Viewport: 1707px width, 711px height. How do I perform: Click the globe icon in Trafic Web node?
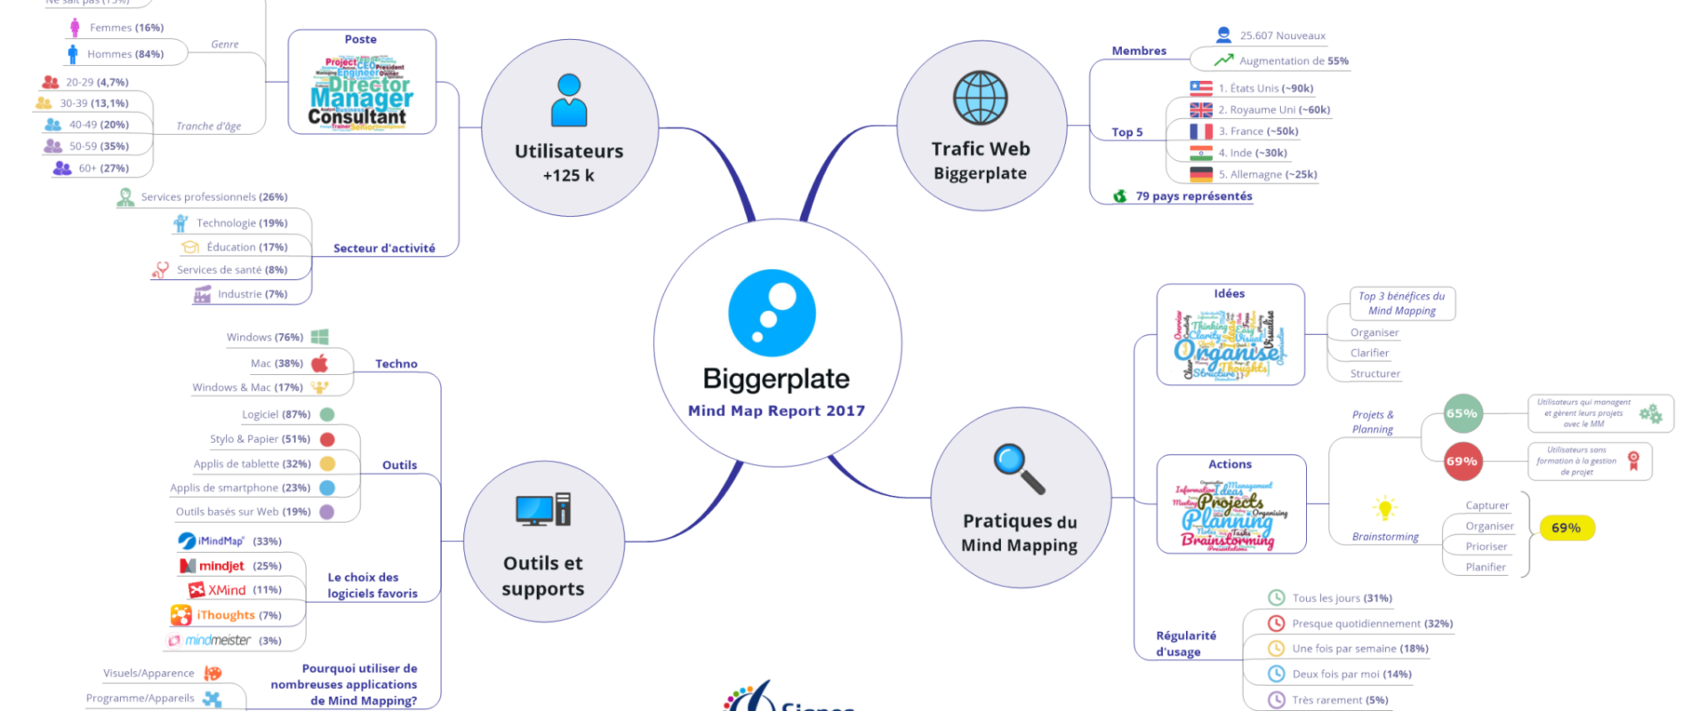coord(980,98)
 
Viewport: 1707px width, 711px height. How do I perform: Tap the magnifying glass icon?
coord(1017,467)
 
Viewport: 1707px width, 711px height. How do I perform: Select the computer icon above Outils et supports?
coord(542,509)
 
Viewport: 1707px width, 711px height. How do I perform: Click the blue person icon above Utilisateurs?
coord(569,100)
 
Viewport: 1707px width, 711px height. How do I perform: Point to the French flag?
coord(1201,132)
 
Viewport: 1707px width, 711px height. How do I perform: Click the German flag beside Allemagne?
coord(1201,174)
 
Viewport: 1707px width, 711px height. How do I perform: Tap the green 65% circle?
coord(1463,413)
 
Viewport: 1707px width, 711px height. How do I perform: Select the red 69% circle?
coord(1463,461)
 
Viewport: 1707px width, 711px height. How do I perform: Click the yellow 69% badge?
coord(1567,528)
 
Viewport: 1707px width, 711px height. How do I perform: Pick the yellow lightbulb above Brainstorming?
coord(1384,508)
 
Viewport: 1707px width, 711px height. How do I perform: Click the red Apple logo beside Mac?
coord(320,363)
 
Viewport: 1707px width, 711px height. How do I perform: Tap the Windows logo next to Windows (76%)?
coord(320,337)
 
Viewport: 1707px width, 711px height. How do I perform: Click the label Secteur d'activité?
coord(384,249)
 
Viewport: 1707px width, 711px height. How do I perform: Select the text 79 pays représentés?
coord(1193,196)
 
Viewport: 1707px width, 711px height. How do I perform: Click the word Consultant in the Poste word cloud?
coord(357,116)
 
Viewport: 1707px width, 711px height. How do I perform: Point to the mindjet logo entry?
coord(212,566)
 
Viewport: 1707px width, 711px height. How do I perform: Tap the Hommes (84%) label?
coord(125,54)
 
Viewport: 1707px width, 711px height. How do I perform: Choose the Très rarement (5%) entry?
coord(1340,700)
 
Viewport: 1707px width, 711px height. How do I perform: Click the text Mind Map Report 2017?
coord(776,411)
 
